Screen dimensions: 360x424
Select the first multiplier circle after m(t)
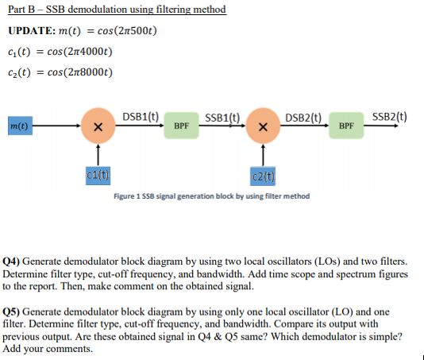(97, 126)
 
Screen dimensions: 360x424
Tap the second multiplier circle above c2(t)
(262, 126)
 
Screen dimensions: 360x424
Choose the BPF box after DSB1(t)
(181, 126)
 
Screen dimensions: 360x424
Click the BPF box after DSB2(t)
(346, 126)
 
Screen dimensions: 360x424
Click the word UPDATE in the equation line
(30, 33)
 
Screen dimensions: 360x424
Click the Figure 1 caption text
(211, 196)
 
